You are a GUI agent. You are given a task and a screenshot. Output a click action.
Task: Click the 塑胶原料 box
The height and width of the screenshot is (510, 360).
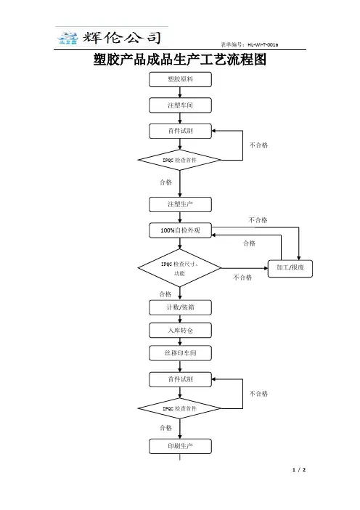(180, 79)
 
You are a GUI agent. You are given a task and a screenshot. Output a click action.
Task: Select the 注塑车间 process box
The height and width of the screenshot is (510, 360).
(180, 105)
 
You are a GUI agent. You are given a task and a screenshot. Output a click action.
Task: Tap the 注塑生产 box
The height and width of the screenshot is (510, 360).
(180, 204)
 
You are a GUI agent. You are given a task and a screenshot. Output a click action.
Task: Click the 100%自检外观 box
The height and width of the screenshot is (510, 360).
(180, 230)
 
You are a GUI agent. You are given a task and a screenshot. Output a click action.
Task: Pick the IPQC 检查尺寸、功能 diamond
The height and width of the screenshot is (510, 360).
(180, 268)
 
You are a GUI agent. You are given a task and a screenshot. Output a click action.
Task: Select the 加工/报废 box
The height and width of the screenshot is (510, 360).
(290, 268)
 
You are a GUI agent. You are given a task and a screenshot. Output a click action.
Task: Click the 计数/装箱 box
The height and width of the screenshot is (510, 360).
(180, 307)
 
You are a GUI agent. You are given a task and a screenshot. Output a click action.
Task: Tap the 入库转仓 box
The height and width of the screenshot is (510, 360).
(180, 331)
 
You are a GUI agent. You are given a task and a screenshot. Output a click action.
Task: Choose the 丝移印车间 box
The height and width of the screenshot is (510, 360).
(180, 353)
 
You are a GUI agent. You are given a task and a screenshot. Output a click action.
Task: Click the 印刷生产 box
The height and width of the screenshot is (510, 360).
(180, 446)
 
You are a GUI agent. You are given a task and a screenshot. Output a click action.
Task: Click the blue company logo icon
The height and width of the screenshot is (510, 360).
(67, 38)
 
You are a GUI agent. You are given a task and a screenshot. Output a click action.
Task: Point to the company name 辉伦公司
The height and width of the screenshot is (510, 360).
(122, 38)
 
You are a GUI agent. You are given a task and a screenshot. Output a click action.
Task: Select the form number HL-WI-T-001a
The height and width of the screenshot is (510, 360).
(263, 44)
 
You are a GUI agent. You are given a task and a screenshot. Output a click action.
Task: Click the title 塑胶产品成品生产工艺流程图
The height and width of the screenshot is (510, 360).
(180, 60)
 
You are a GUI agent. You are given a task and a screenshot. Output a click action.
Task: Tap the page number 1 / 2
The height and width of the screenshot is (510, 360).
(299, 469)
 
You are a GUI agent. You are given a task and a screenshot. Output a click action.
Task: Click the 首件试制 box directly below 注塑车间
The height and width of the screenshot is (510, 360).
(180, 131)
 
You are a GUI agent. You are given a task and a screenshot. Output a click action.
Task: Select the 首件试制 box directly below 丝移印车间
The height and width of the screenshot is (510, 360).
(180, 379)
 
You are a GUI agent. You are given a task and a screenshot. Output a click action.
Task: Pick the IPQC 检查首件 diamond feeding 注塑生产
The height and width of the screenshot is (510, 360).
(180, 160)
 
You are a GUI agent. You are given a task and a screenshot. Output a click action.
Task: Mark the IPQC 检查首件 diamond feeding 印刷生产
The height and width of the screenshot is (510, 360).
(180, 408)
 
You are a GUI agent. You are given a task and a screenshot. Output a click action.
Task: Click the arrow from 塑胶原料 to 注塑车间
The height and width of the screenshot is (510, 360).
(180, 92)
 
